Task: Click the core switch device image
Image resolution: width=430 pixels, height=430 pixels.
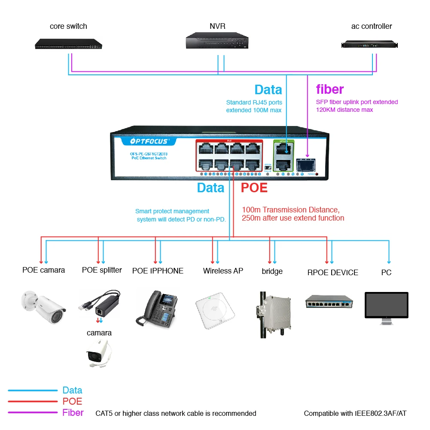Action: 69,43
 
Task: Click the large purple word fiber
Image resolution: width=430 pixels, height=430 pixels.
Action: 330,89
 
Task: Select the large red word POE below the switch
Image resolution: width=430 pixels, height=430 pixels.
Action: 254,188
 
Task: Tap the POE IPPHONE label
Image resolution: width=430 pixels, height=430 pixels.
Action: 158,271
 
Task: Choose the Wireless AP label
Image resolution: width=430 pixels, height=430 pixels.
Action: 223,271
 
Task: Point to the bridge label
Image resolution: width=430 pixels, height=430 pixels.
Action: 272,271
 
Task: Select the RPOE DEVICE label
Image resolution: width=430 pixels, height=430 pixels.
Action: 332,273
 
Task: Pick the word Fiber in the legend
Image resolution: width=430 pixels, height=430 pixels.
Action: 73,413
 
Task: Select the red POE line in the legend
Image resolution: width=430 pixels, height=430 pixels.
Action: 33,402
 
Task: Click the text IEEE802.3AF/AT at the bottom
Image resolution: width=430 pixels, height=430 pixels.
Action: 380,414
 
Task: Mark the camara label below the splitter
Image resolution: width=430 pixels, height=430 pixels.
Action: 99,333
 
